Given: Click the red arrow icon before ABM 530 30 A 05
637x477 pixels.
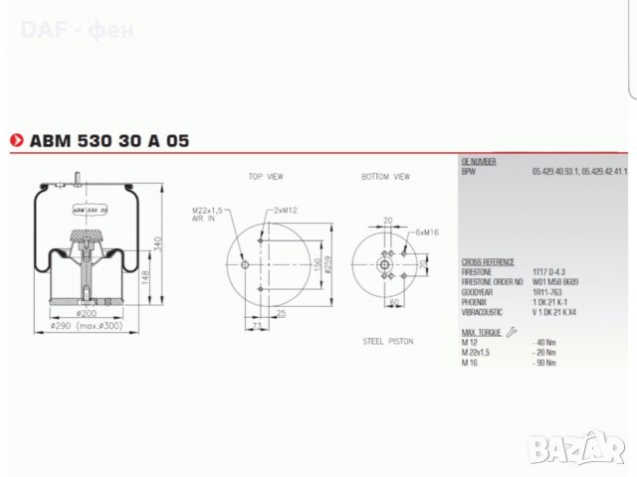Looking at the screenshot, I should tap(16, 141).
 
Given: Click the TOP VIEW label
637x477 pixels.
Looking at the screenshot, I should tap(266, 176).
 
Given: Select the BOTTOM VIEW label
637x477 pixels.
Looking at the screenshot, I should tap(385, 176).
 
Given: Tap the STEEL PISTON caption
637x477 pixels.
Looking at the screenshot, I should tap(387, 341).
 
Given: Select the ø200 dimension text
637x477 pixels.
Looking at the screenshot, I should tap(88, 314).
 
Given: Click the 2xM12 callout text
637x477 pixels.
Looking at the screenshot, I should tap(285, 212).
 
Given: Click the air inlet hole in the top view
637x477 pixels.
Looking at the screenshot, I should tap(244, 264).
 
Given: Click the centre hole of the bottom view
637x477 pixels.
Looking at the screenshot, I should tap(386, 263).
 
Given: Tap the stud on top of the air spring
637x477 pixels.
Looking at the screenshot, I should tap(76, 180).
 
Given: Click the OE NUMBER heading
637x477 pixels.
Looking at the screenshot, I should tap(479, 161).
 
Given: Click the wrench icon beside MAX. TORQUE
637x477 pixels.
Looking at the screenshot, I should tap(511, 331).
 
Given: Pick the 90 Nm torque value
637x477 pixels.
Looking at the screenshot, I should tap(542, 363).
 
